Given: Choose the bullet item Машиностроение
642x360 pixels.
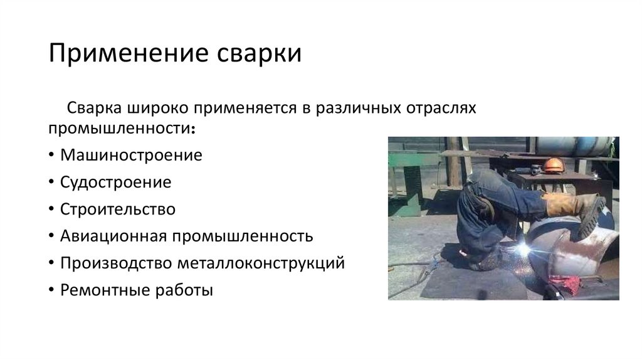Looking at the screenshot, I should coord(131,155).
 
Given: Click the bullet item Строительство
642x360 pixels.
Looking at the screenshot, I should coord(118,209).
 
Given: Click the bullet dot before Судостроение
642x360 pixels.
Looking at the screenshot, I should coord(51,183).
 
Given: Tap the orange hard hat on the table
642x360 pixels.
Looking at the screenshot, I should coord(552,165).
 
